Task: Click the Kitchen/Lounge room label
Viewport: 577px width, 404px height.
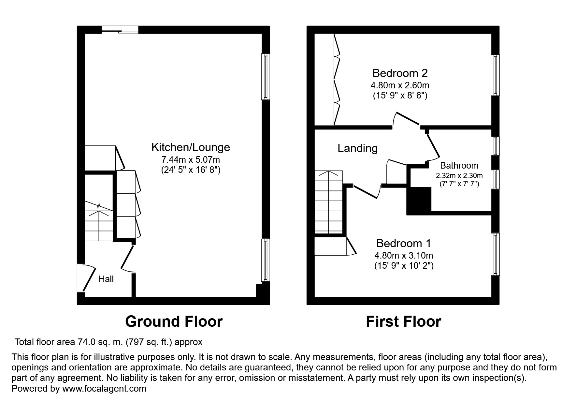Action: click(191, 147)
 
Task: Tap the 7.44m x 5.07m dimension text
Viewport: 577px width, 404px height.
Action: click(191, 160)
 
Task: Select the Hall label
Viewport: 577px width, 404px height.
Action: click(106, 279)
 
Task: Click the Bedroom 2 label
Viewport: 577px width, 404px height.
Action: click(400, 73)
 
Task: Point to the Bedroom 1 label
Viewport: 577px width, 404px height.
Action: click(403, 243)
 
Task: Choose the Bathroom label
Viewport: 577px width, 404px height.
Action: click(459, 166)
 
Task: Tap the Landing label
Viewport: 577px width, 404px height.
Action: click(357, 148)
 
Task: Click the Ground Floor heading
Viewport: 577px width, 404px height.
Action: click(174, 322)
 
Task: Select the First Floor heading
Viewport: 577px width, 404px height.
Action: click(403, 322)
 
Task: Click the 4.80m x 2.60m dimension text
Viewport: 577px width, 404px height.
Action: click(400, 85)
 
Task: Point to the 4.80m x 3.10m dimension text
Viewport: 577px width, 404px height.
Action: click(403, 256)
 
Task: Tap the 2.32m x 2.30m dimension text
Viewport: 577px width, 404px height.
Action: click(459, 175)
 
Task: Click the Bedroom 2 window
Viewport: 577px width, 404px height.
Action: click(495, 75)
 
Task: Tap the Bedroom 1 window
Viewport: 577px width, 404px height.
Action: click(495, 254)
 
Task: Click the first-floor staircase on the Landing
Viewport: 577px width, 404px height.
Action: click(328, 202)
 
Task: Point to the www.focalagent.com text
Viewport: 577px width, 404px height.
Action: click(104, 389)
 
